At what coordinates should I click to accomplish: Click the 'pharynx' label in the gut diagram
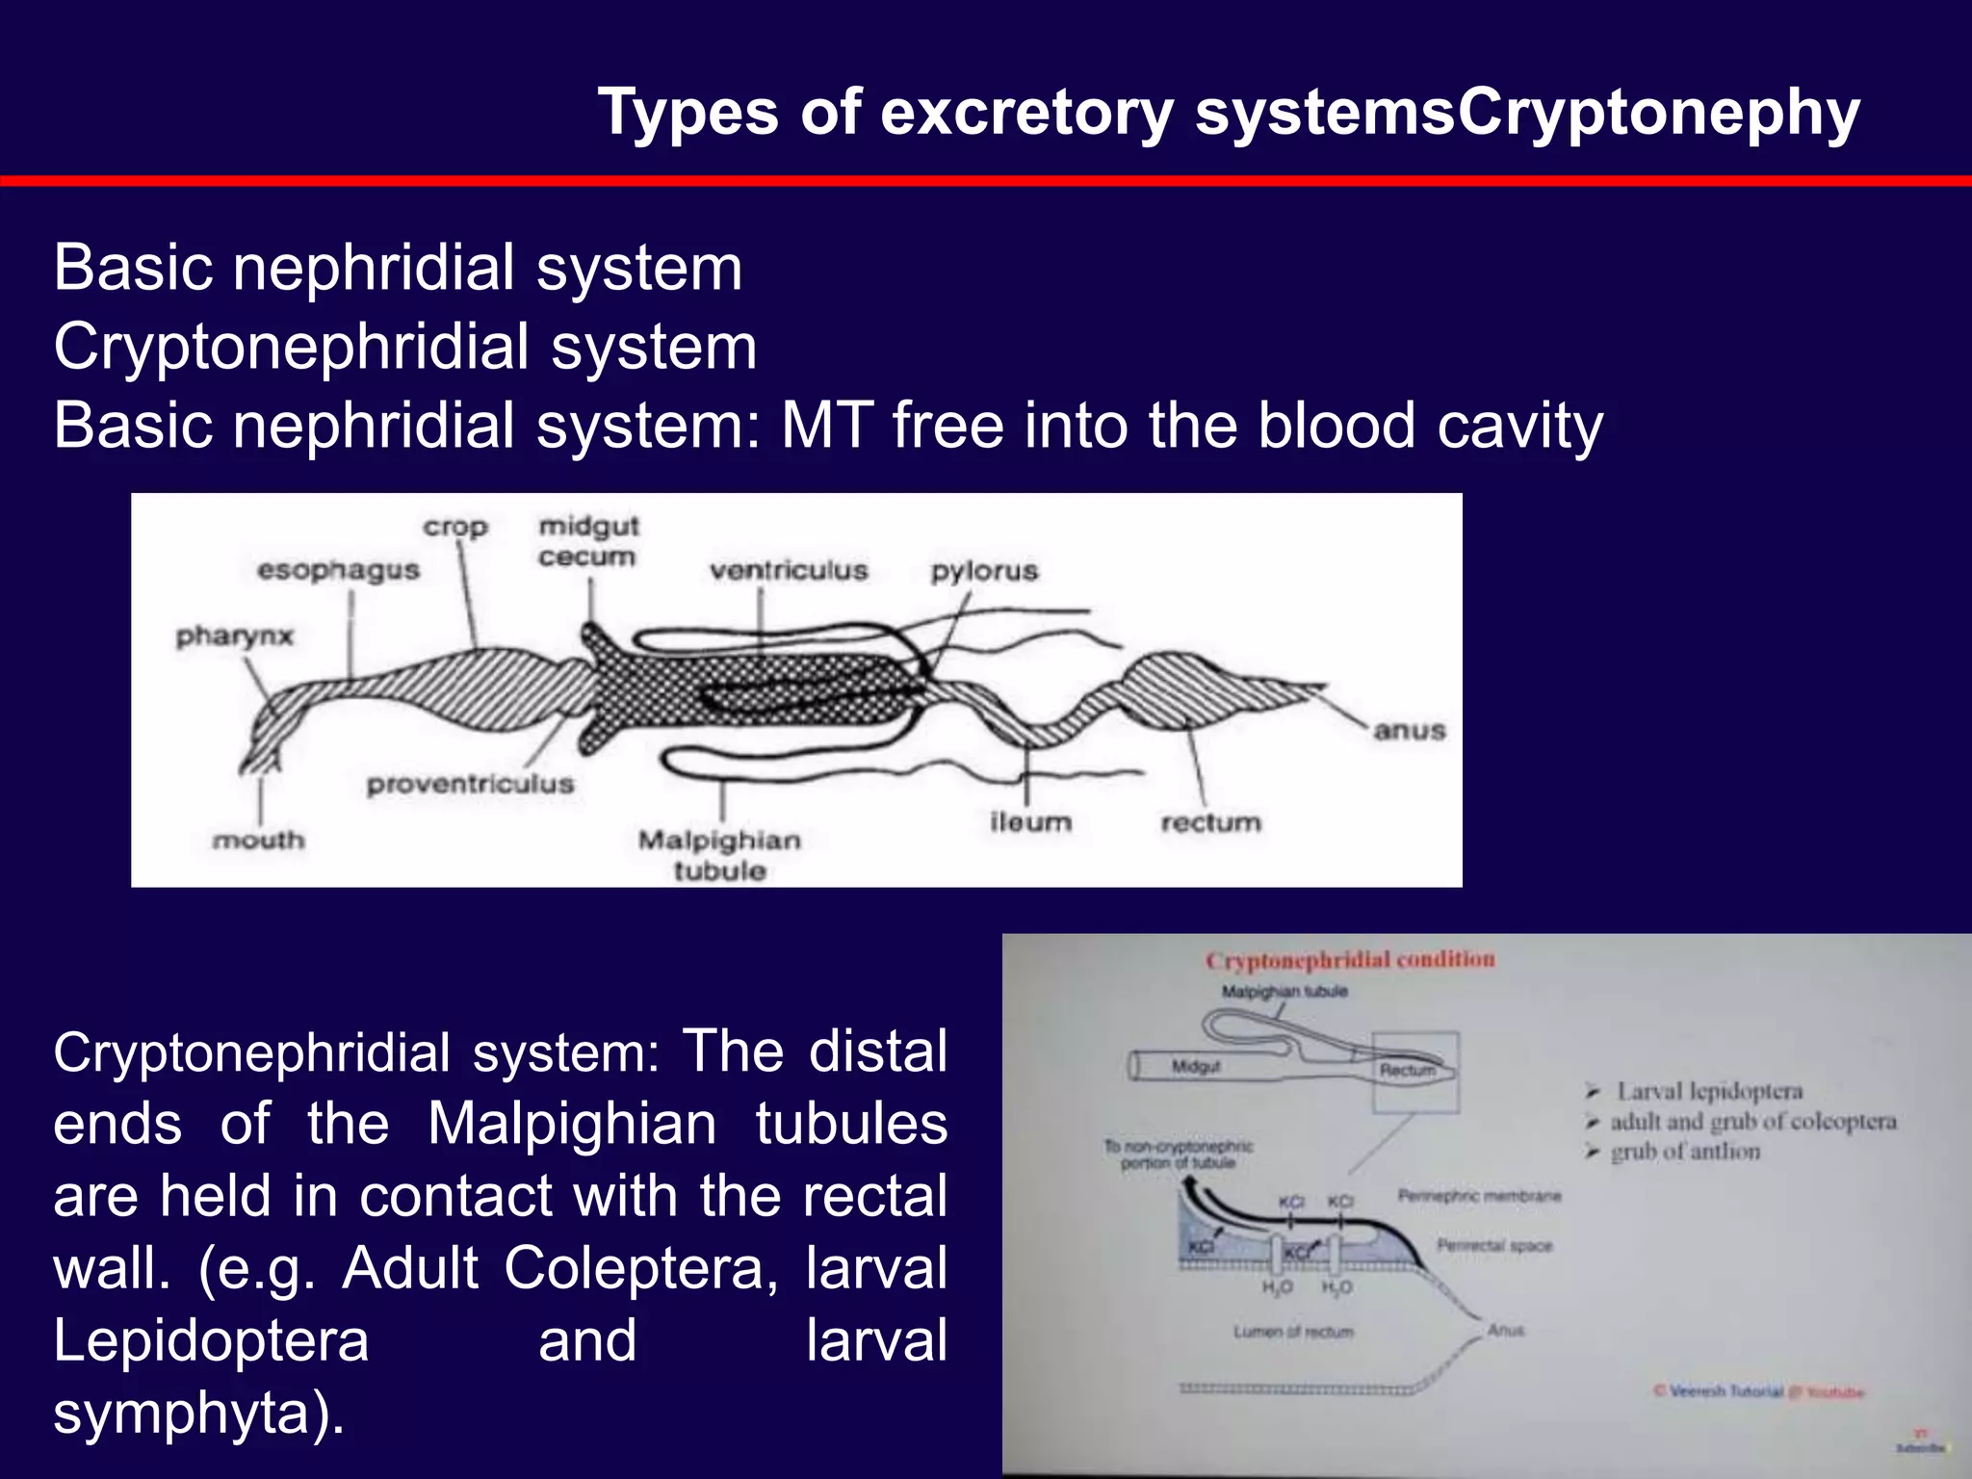coord(234,636)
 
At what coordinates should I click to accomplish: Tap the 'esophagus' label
coord(338,570)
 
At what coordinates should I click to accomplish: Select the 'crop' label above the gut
coord(455,528)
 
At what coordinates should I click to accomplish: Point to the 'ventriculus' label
coord(789,570)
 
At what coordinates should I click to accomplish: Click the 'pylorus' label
coord(984,571)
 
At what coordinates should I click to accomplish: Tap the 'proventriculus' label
coord(470,784)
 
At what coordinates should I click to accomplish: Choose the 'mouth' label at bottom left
coord(258,841)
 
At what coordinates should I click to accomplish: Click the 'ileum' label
coord(1030,822)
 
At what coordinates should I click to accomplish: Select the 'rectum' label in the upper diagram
coord(1210,822)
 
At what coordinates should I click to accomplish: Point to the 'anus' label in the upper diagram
coord(1410,731)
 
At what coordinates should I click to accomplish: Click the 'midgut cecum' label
coord(588,541)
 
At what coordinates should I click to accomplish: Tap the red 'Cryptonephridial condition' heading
coord(1350,960)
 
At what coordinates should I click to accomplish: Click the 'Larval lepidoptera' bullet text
coord(1709,1091)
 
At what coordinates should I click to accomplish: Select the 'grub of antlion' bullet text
coord(1685,1152)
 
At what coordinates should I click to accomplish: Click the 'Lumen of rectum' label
coord(1293,1332)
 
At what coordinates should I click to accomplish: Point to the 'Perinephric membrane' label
coord(1479,1196)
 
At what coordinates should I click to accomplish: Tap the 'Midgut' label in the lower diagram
coord(1196,1066)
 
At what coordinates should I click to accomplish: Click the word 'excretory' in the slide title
coord(1026,112)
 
